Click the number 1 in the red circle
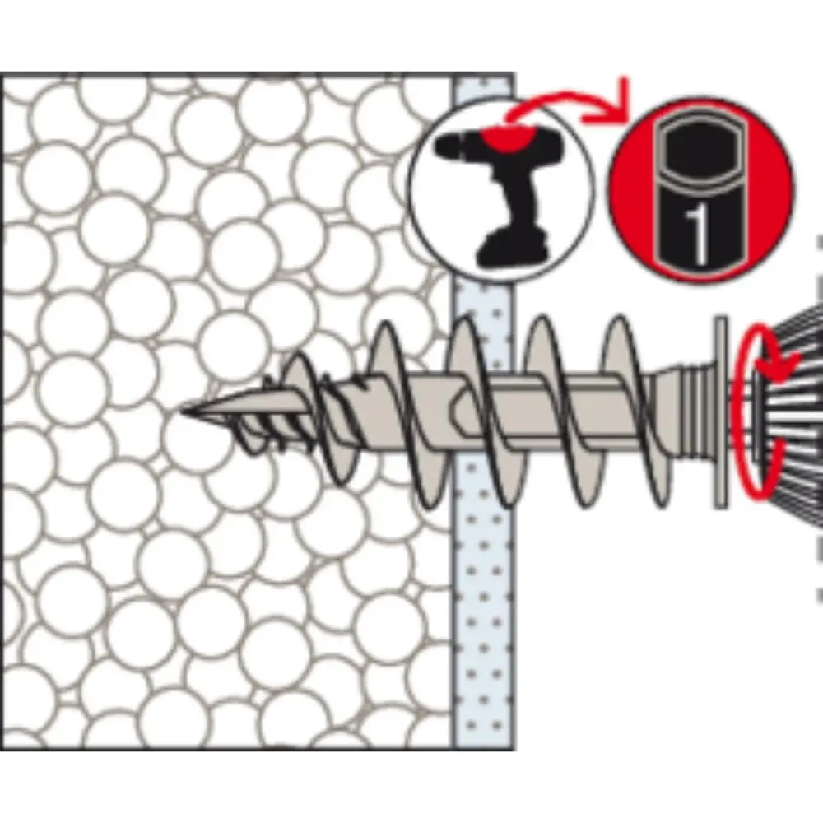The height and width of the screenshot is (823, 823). [699, 233]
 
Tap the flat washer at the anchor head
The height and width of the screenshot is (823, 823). [721, 412]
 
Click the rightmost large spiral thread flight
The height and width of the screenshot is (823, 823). [632, 411]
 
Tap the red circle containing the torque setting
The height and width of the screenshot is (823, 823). [700, 189]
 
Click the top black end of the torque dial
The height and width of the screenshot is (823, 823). [700, 142]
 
